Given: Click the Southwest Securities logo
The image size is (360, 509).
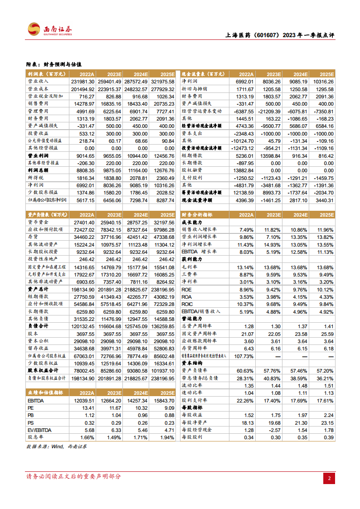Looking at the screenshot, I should click(x=50, y=30).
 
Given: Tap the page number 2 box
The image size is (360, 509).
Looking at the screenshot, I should click(x=330, y=478).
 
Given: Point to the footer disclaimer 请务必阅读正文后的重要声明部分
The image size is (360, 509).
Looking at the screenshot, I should click(x=74, y=476).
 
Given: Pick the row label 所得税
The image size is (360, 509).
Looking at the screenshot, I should click(x=36, y=178).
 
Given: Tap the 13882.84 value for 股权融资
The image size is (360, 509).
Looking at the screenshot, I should click(x=243, y=170).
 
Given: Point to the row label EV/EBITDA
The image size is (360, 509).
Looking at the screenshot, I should click(x=39, y=430).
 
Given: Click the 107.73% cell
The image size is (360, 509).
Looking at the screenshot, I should click(x=243, y=356).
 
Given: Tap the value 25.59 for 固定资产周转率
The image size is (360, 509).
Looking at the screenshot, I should click(x=324, y=334).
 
